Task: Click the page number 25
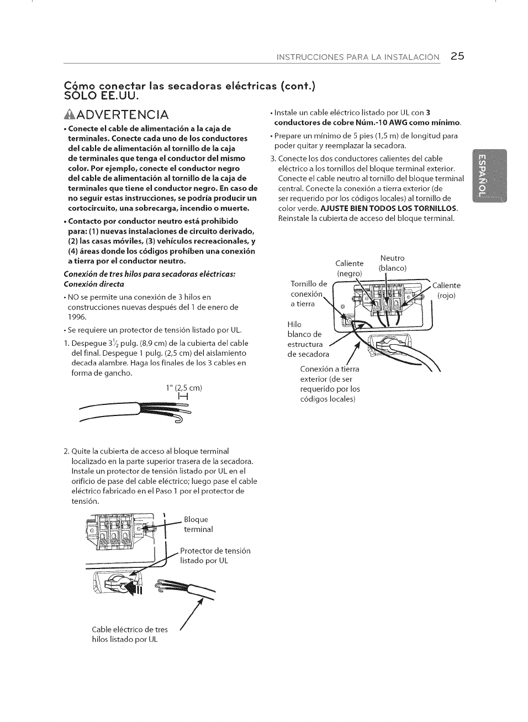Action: click(457, 56)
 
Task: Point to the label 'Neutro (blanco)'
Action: click(392, 263)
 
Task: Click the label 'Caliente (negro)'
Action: click(349, 268)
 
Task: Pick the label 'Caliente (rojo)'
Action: click(446, 290)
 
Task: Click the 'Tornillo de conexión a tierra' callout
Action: click(308, 294)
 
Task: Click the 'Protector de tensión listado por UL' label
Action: click(215, 556)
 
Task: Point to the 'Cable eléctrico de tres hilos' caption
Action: click(130, 634)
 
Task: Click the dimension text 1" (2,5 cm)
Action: click(184, 388)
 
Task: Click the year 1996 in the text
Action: click(77, 317)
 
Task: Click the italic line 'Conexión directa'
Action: click(93, 284)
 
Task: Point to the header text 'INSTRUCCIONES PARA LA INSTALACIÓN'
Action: click(358, 57)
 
